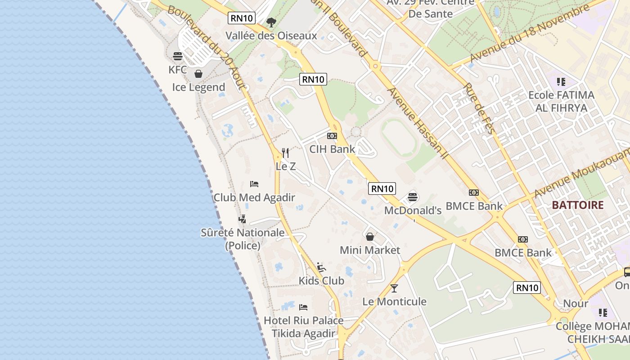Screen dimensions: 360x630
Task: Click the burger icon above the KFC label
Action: [178, 56]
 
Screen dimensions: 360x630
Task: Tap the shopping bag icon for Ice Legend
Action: [198, 74]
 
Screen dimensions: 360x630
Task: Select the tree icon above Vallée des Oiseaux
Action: [271, 22]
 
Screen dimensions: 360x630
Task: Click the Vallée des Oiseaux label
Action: [271, 36]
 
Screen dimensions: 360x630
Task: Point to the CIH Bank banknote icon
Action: [332, 136]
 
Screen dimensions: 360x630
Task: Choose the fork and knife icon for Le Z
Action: [285, 153]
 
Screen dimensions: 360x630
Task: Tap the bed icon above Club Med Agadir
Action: [254, 184]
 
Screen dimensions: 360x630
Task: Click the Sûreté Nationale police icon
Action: [242, 219]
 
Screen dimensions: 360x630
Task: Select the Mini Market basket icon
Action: [370, 237]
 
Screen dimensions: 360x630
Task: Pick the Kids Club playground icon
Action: [321, 267]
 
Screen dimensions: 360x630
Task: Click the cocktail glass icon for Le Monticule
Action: [394, 288]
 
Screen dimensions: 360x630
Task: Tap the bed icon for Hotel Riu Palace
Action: [303, 307]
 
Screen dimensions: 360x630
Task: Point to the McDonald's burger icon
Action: [413, 197]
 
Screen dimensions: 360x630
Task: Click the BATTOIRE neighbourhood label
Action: [578, 205]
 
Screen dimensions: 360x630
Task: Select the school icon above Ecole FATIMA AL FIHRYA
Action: [561, 82]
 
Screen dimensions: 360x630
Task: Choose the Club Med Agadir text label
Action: [254, 198]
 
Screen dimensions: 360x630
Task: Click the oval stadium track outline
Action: [399, 138]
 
